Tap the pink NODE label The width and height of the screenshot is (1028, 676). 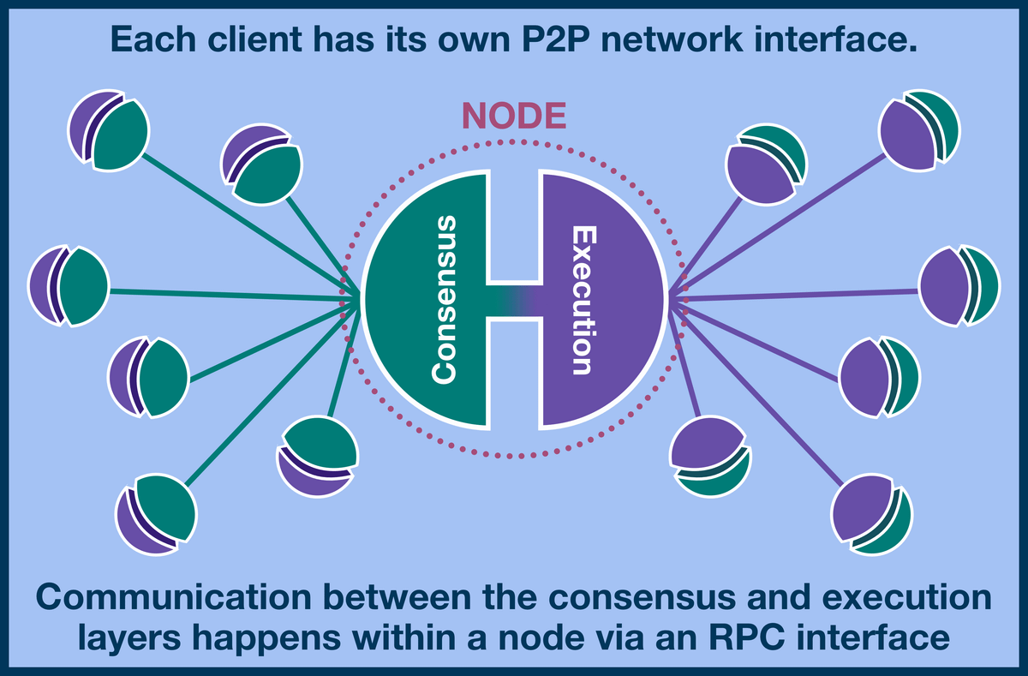coord(514,116)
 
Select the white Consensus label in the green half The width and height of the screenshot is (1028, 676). coord(445,299)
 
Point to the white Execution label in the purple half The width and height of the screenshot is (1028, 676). coord(583,300)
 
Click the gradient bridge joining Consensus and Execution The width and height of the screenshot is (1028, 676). coord(514,300)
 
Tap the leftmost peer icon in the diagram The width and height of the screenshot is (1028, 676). coord(68,286)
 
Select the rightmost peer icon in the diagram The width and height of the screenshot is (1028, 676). coord(959,286)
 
